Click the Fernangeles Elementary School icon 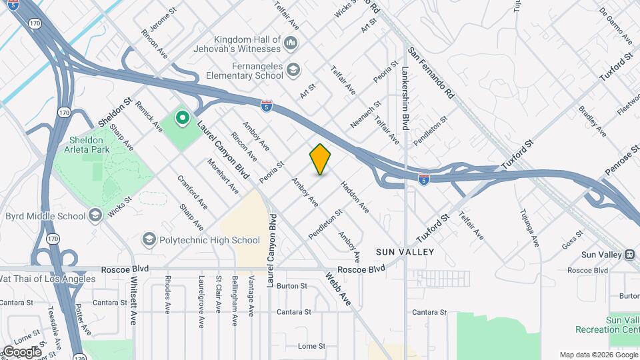tap(293, 69)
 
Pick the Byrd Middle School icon tap(95, 215)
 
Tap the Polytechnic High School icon tap(148, 239)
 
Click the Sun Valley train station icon tap(628, 254)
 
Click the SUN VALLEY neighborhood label tap(405, 252)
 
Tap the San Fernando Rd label tap(431, 73)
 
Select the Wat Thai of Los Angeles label tap(47, 278)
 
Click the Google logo tap(21, 352)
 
